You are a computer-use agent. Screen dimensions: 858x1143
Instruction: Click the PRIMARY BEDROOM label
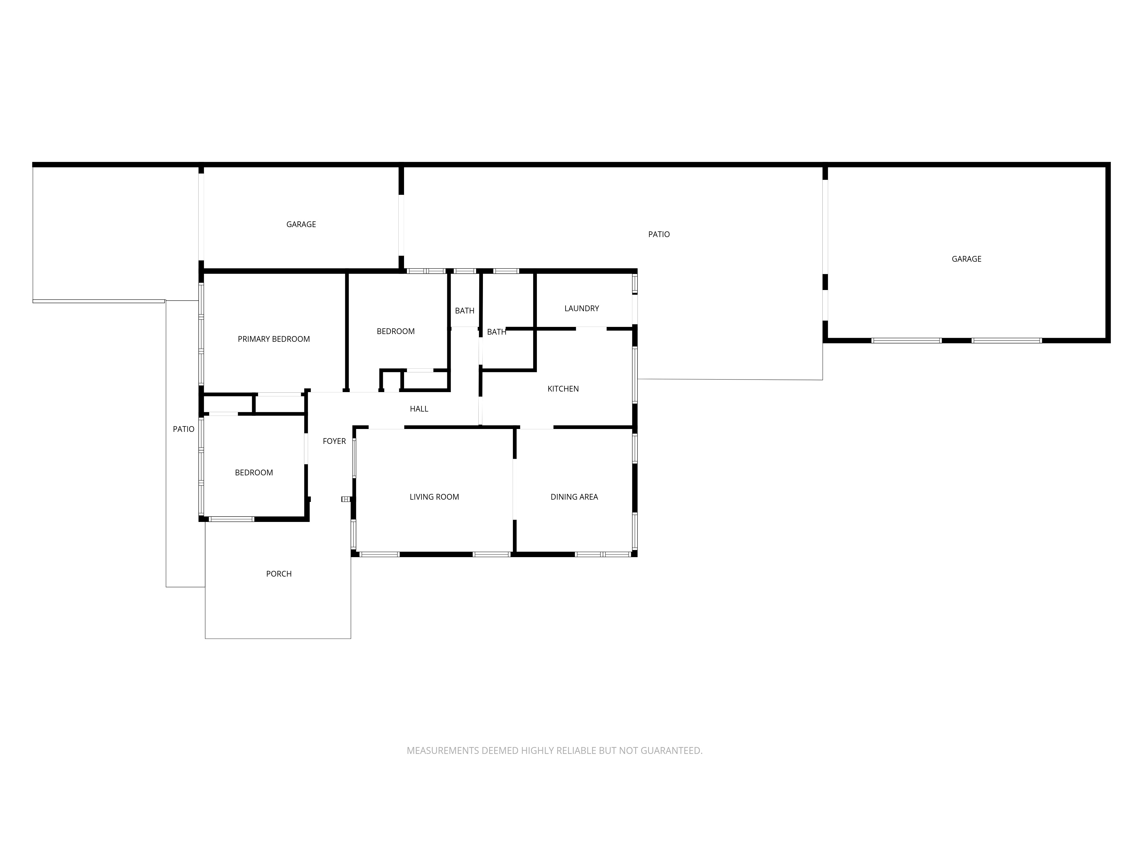coord(273,339)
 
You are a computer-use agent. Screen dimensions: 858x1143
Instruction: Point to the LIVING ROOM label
coord(434,497)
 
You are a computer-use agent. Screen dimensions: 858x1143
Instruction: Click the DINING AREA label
coord(574,497)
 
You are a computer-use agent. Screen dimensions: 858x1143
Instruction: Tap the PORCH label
coord(279,574)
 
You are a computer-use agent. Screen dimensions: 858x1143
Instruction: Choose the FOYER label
coord(334,441)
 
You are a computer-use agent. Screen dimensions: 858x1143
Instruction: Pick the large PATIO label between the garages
coord(659,235)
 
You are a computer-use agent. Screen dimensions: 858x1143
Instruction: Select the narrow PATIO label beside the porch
coord(183,429)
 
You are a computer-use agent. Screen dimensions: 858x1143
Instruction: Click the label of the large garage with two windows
coord(966,259)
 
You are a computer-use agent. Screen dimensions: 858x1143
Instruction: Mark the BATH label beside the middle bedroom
coord(465,311)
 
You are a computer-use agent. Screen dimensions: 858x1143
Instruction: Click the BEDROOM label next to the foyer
coord(254,473)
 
